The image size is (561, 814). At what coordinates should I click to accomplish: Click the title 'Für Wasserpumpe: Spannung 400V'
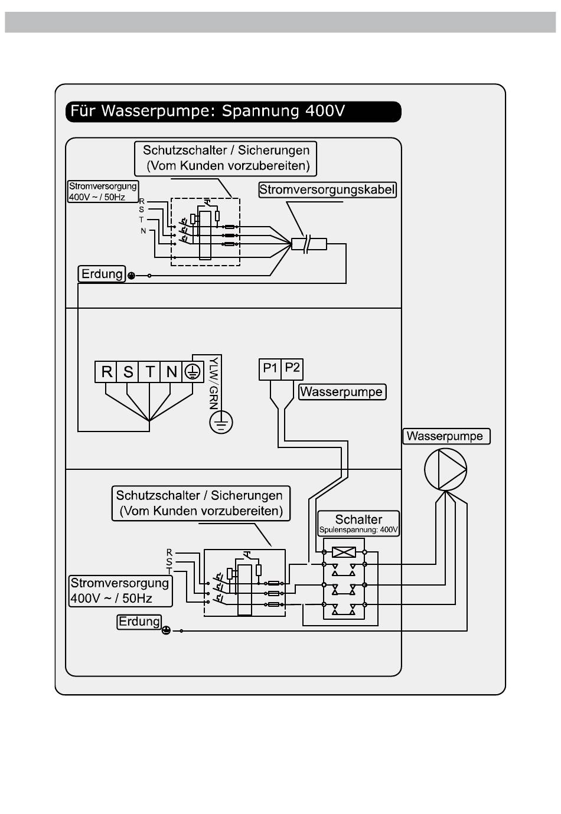click(x=207, y=111)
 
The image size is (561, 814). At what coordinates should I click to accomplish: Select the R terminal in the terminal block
click(x=106, y=372)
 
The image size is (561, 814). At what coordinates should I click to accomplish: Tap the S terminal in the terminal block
click(x=128, y=372)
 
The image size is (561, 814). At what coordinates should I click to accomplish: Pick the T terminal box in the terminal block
click(x=149, y=372)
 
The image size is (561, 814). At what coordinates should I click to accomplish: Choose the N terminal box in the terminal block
click(x=171, y=372)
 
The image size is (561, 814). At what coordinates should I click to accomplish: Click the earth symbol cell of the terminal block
click(x=193, y=372)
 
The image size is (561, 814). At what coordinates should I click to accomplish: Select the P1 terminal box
click(x=270, y=370)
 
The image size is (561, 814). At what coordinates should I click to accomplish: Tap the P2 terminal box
click(x=292, y=370)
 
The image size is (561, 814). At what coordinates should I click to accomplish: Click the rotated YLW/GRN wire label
click(x=214, y=383)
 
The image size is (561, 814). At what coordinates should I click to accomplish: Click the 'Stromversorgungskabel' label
click(x=327, y=189)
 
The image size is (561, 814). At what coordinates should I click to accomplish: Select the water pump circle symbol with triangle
click(x=445, y=469)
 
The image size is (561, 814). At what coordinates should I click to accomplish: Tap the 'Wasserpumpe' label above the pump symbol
click(x=446, y=436)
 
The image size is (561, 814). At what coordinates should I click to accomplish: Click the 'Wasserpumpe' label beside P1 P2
click(x=342, y=392)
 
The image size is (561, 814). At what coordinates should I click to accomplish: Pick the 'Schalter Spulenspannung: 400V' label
click(x=358, y=523)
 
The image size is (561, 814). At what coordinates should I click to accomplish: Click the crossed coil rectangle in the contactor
click(x=344, y=553)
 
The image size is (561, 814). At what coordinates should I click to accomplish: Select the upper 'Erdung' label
click(x=102, y=274)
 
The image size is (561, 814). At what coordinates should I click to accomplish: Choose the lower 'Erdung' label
click(x=139, y=622)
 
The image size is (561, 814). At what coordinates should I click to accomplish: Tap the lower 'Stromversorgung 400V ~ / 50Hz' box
click(x=120, y=590)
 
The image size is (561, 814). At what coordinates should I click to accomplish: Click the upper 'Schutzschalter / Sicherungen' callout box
click(x=226, y=158)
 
